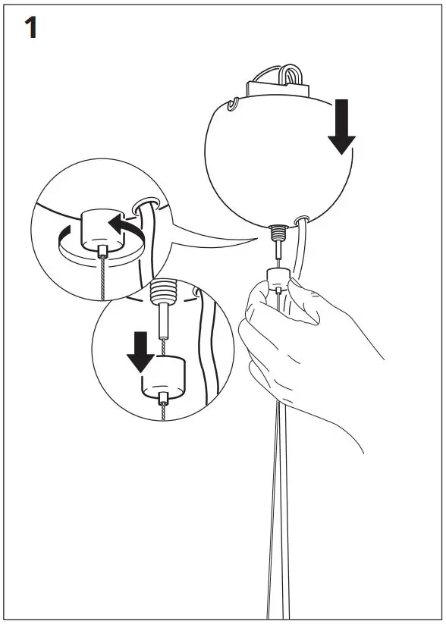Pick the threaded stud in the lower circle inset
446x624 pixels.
(163, 293)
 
